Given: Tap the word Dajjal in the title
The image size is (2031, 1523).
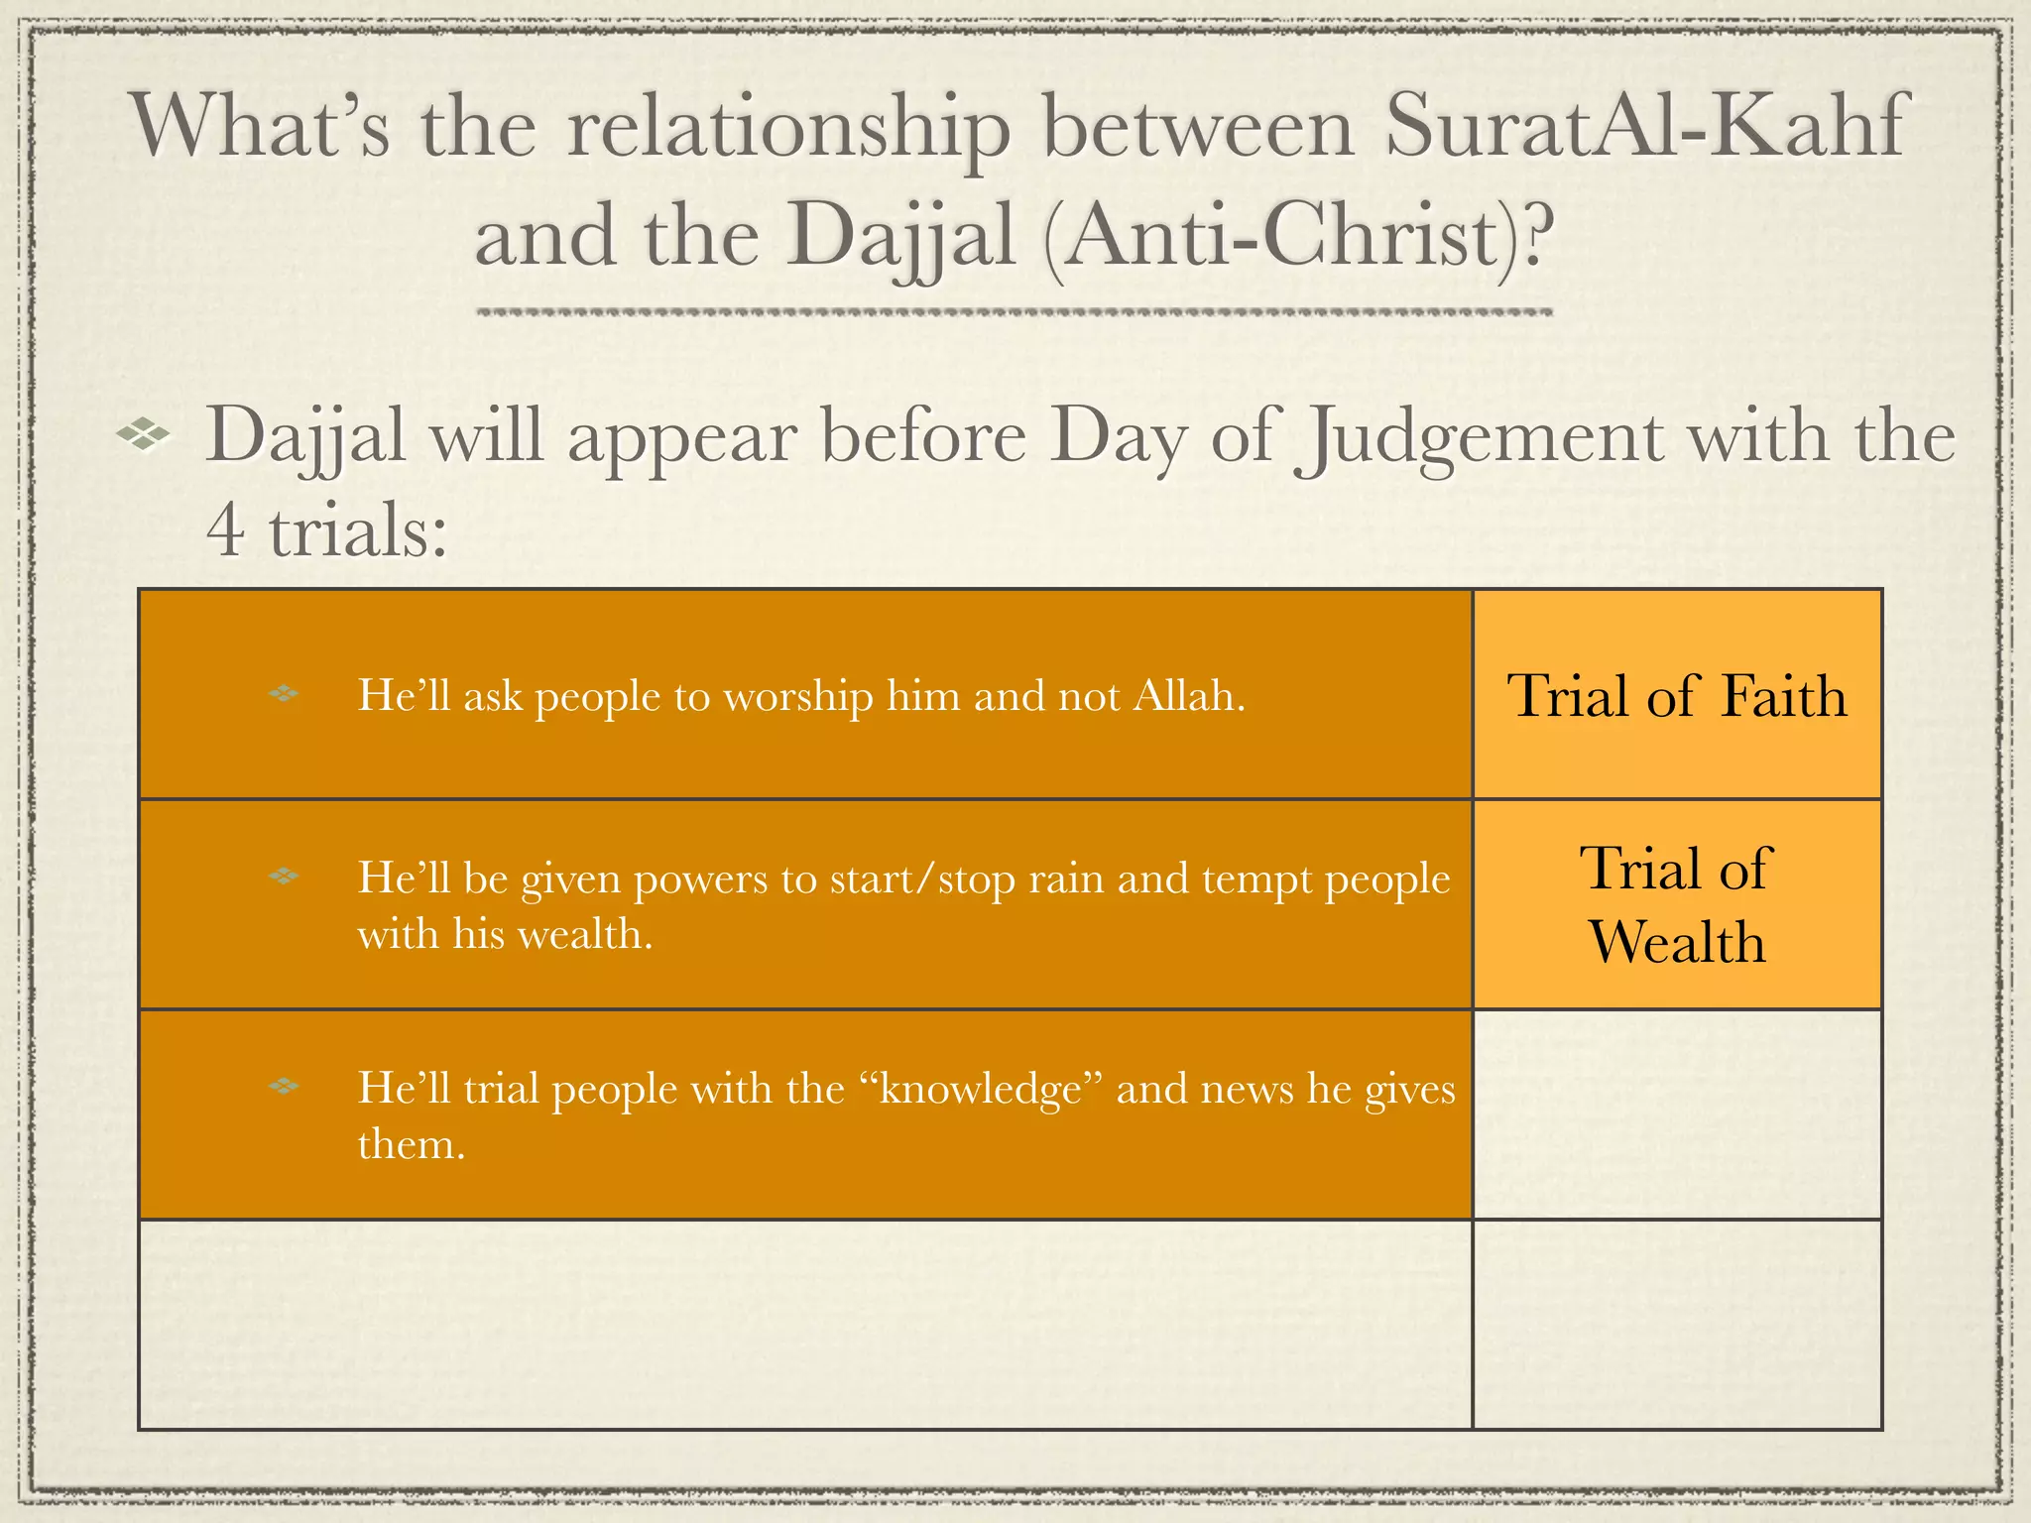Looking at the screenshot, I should point(901,237).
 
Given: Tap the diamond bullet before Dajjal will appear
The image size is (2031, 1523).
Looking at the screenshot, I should point(143,434).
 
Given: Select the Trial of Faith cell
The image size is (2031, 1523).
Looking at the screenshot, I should point(1677,695).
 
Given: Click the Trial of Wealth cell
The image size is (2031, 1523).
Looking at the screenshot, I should point(1677,904).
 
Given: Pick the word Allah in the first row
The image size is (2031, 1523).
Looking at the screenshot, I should point(1188,695).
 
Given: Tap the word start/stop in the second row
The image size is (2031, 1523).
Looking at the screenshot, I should point(922,879).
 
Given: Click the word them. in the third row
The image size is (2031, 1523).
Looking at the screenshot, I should point(411,1144).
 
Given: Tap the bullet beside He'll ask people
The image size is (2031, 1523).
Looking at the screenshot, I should point(284,694).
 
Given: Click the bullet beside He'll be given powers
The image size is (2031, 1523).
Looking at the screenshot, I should point(284,876).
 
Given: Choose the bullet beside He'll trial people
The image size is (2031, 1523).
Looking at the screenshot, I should point(284,1086).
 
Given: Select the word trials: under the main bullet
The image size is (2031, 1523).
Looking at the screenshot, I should point(358,530).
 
